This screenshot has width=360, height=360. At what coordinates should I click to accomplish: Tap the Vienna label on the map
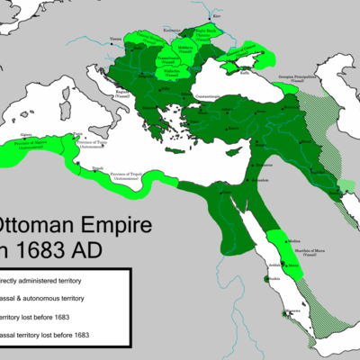[114, 38]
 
